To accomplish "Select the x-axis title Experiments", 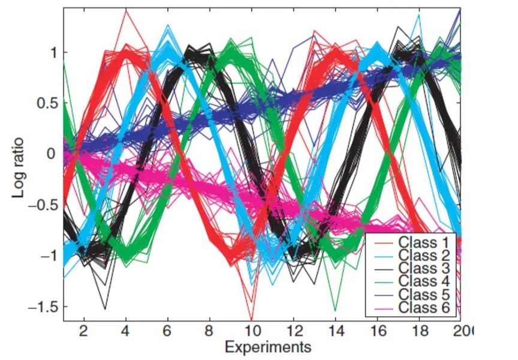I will pos(268,346).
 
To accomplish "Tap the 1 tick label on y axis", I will pos(53,52).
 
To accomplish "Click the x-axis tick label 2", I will pos(84,331).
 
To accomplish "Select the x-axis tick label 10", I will pos(252,331).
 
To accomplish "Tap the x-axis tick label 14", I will pos(336,331).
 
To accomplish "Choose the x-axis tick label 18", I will pos(420,331).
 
